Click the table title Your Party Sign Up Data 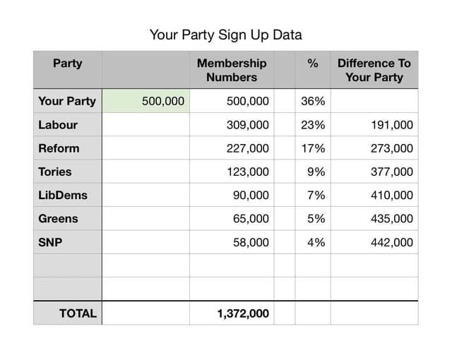tap(226, 34)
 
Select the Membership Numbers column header tap(232, 70)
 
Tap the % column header tap(312, 64)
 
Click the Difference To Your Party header tap(374, 70)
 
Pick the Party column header tap(67, 64)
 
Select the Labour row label tap(58, 125)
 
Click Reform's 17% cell tap(313, 148)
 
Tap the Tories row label tap(55, 172)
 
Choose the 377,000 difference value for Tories tap(391, 172)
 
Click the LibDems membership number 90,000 tap(251, 196)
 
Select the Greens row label tap(58, 219)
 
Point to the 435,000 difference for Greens tap(391, 219)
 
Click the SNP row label tap(50, 242)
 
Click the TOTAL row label tap(78, 313)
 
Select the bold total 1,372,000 tap(243, 313)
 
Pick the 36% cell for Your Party tap(313, 101)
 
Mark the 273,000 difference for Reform tap(391, 148)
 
